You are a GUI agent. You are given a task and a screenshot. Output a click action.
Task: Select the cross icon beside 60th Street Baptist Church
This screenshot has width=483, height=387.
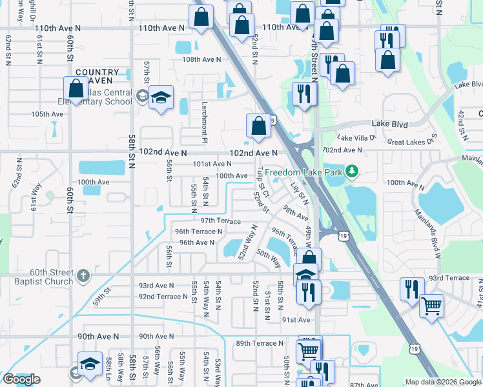pos(82,275)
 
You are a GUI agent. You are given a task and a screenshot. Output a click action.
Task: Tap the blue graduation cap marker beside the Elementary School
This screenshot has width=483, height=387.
pos(161,97)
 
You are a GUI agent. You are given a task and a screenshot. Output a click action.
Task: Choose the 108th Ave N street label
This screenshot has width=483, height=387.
pos(201,59)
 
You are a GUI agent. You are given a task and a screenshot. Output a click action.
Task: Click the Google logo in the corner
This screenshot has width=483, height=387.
pos(21,379)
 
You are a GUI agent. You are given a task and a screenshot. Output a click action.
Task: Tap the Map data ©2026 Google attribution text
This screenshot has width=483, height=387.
pos(443,382)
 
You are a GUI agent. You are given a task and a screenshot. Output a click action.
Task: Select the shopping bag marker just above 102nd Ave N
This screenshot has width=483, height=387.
pos(258,125)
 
